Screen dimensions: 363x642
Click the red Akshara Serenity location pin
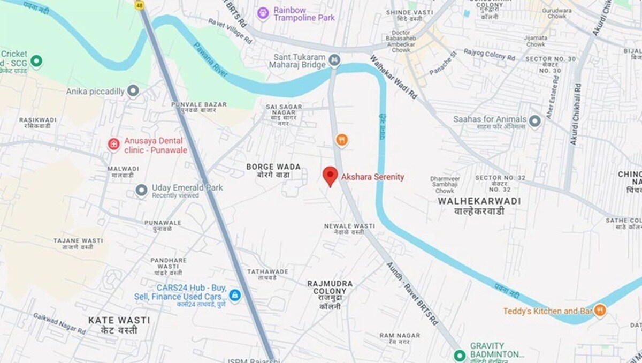click(331, 176)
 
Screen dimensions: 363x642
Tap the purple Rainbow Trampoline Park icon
click(263, 13)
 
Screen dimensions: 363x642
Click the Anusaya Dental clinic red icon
click(113, 144)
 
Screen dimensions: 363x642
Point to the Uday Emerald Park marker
click(141, 190)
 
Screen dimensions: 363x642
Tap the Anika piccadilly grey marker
click(133, 90)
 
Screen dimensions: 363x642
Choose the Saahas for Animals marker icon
click(534, 122)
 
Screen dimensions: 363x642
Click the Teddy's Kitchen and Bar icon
click(600, 310)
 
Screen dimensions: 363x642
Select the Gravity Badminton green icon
click(459, 355)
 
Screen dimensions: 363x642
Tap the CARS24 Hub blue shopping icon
click(234, 295)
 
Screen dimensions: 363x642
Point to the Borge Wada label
click(273, 171)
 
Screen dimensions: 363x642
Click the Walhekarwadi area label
click(471, 206)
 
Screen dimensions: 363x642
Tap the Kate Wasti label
click(119, 325)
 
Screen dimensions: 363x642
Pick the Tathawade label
click(267, 274)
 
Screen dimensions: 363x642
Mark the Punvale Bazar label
click(198, 107)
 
